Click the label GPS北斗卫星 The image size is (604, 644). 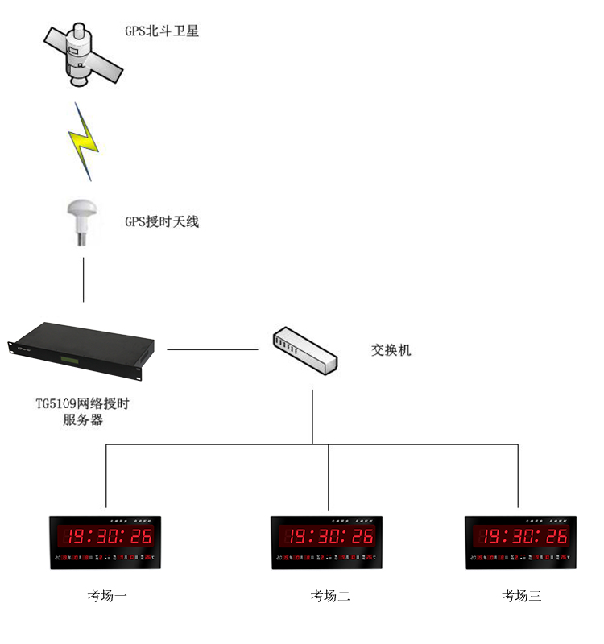coord(161,32)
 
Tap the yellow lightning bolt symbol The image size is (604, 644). coord(84,141)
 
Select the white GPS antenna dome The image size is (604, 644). coord(83,216)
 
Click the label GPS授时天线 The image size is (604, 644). coord(161,221)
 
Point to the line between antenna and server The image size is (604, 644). coord(83,280)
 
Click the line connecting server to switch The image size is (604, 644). coord(212,350)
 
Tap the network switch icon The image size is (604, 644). coord(304,351)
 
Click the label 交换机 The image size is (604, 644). coord(391,351)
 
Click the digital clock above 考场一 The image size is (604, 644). coord(105,542)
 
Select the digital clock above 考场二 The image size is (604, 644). coord(326,542)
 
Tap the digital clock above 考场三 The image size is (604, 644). coord(521,542)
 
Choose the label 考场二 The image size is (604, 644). coord(330,596)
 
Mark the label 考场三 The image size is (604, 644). coord(522,596)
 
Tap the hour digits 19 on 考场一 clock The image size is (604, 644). coord(77,537)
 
